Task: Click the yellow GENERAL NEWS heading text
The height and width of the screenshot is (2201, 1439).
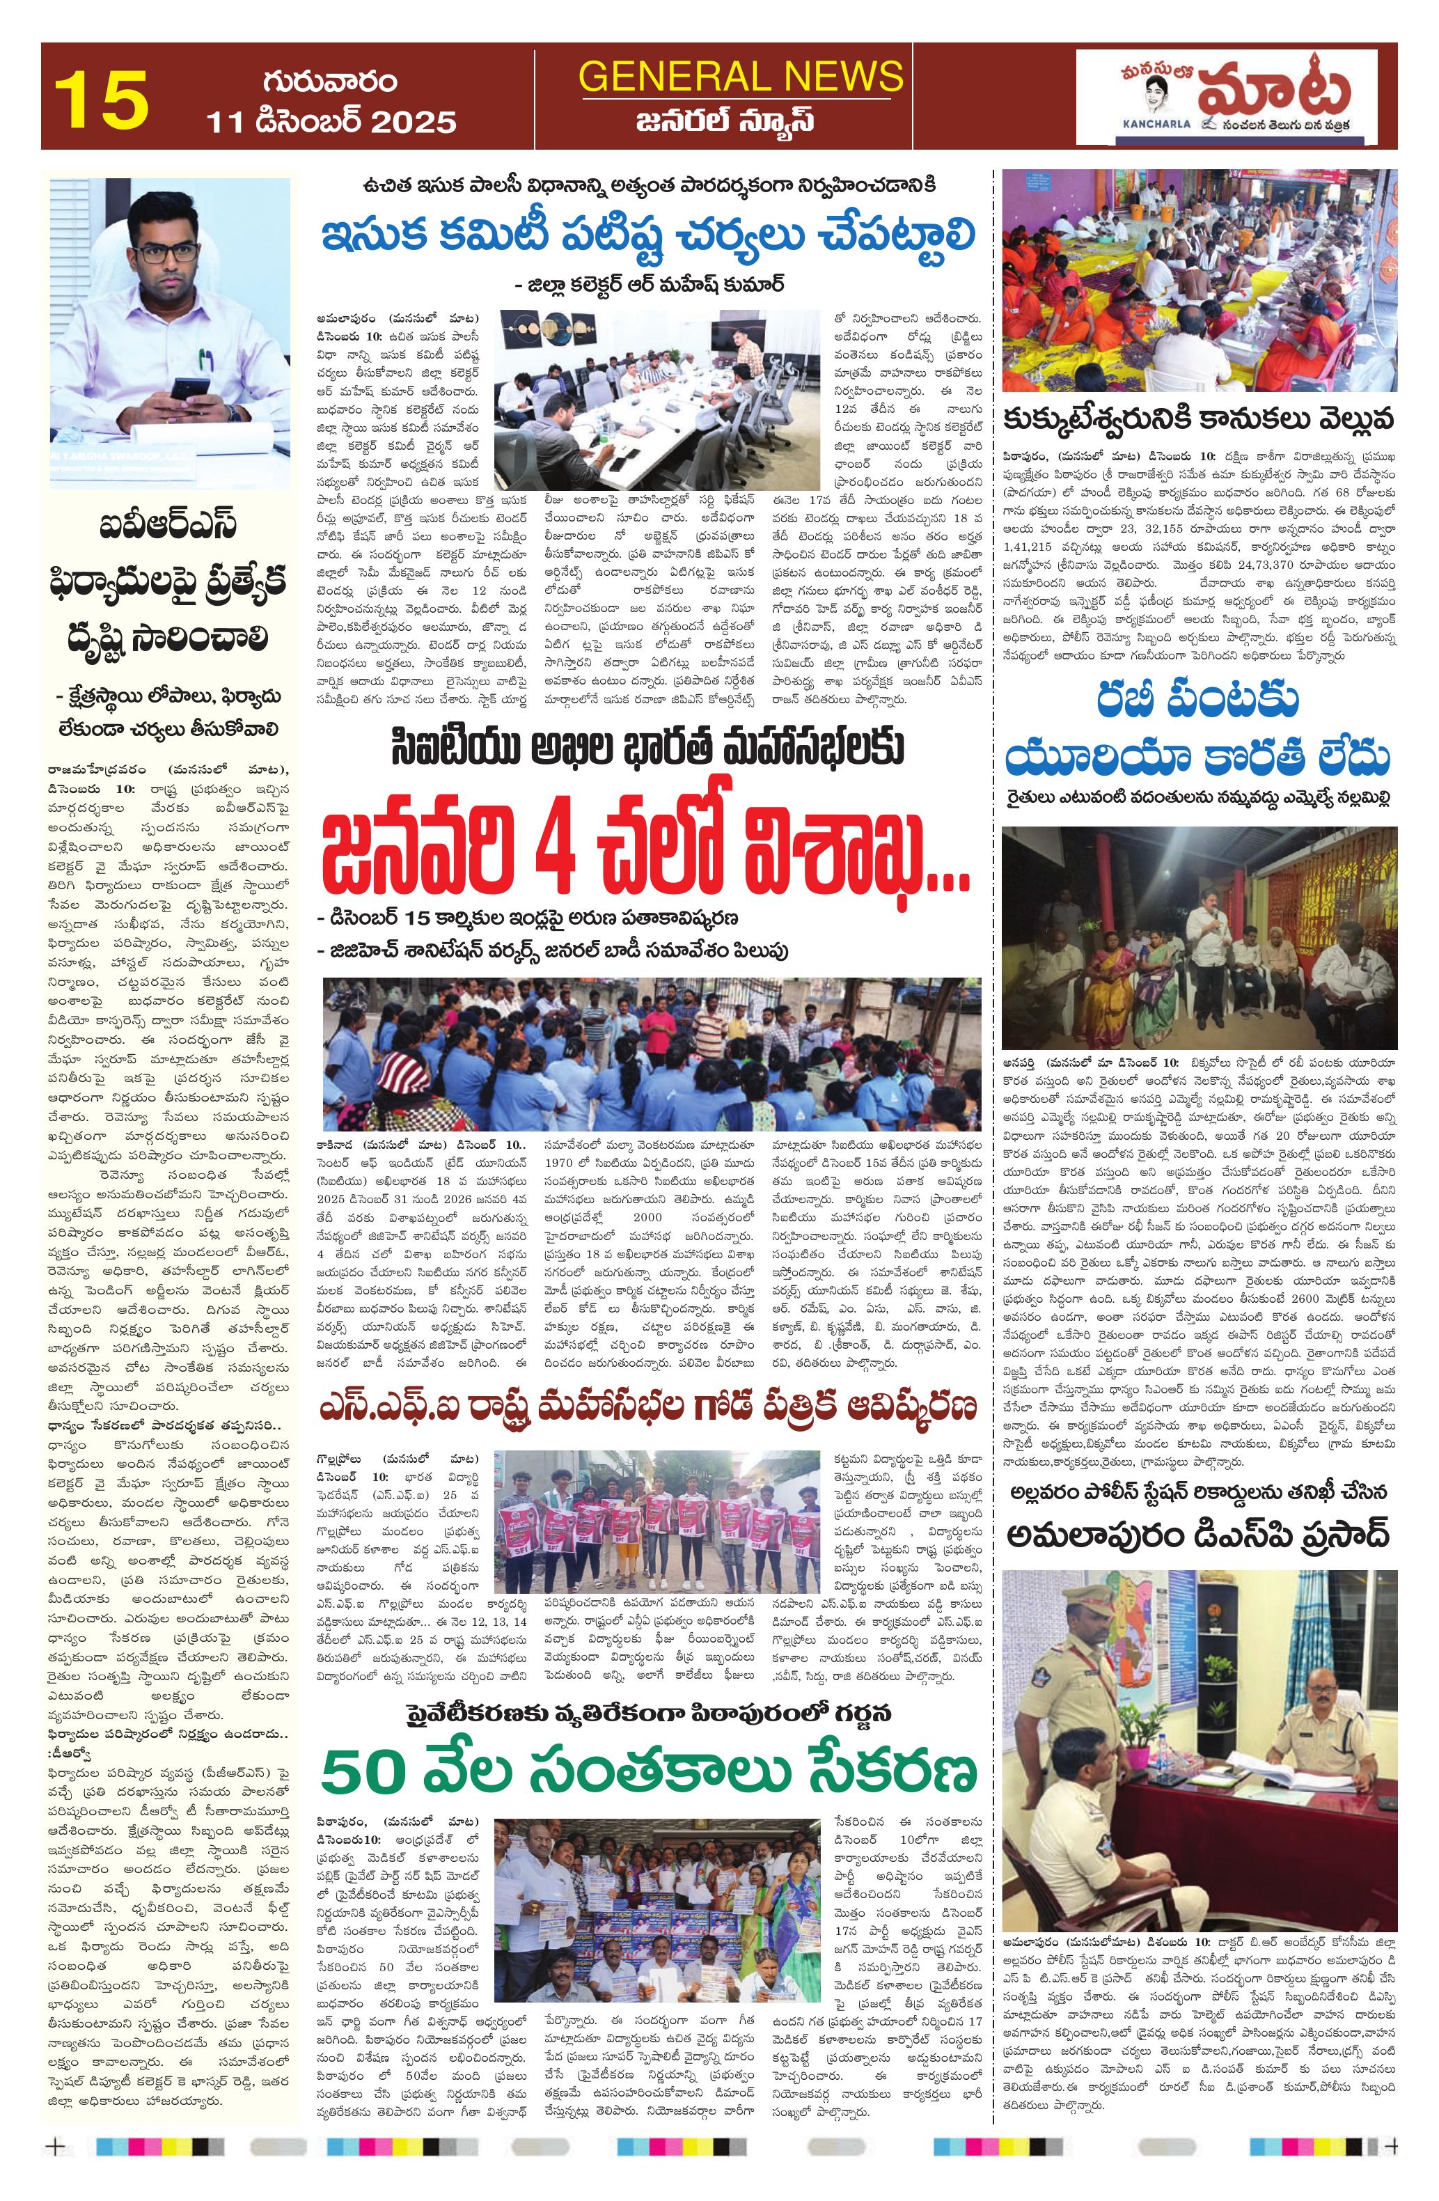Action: [x=740, y=76]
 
